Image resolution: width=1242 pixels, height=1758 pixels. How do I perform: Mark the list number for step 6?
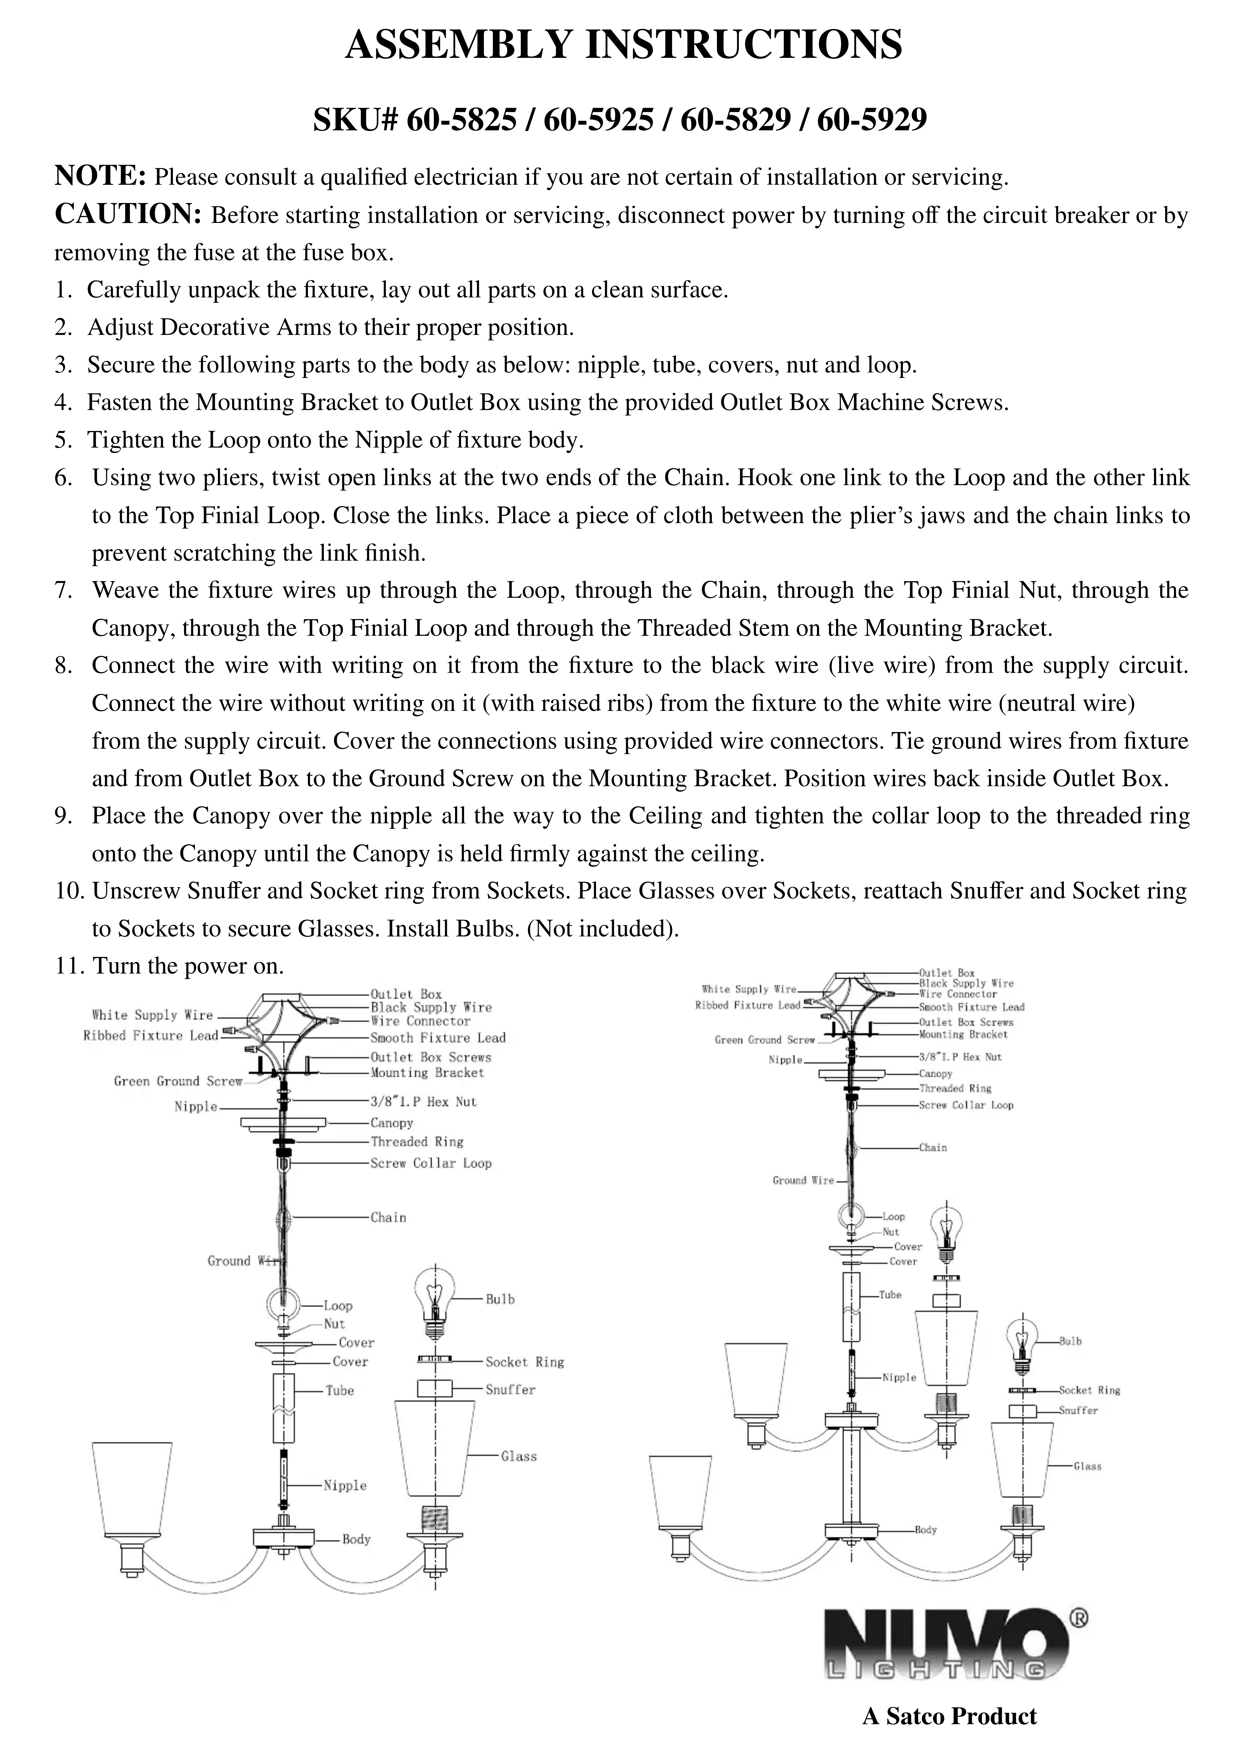63,478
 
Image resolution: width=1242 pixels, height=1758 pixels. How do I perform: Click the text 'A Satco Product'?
949,1716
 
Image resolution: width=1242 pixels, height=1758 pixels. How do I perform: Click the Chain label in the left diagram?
388,1217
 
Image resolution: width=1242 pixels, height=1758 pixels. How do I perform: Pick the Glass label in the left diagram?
518,1456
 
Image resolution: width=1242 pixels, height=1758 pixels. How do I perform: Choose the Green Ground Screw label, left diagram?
178,1081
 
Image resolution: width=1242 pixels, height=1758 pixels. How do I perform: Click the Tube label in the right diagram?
890,1295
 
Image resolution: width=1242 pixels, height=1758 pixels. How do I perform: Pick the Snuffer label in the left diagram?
510,1390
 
